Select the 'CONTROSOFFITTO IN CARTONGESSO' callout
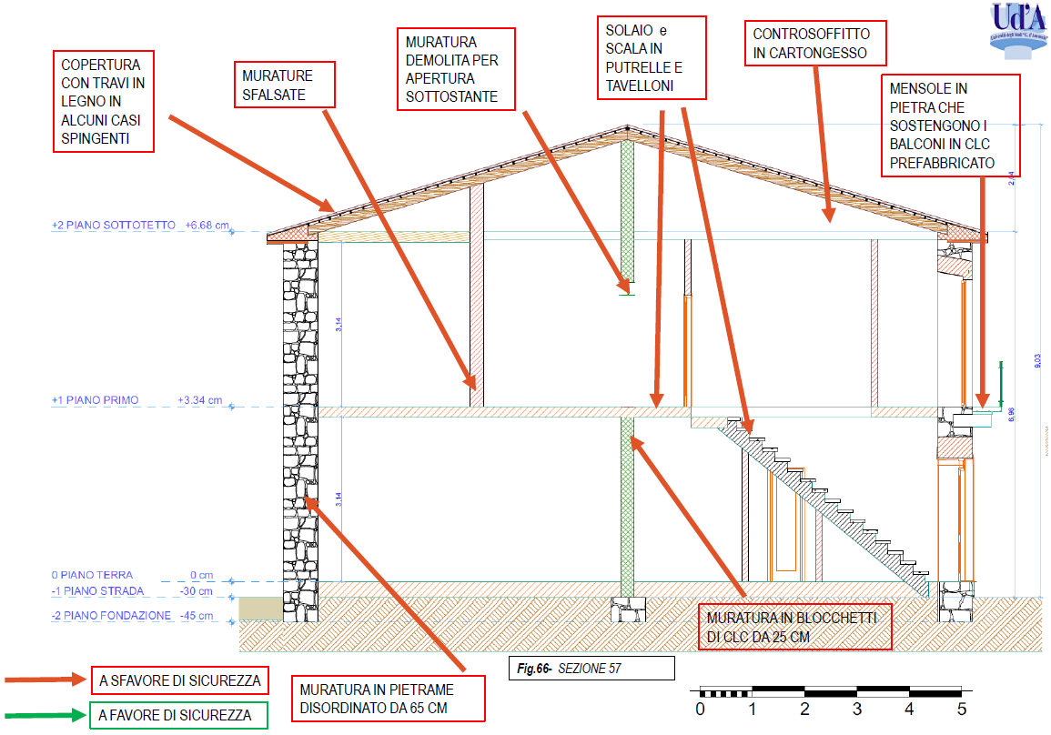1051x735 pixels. click(811, 44)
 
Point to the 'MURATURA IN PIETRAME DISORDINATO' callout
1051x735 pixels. click(386, 698)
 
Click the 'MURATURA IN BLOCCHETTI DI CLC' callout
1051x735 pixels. click(793, 627)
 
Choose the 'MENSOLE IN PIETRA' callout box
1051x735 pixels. click(949, 126)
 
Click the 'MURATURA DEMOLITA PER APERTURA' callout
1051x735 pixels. click(456, 69)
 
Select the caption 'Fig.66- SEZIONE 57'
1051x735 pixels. click(591, 669)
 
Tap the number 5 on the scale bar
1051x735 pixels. click(962, 708)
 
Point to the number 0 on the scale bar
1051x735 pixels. click(700, 708)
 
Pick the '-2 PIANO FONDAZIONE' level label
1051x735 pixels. click(111, 616)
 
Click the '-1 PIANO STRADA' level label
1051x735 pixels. click(97, 591)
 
